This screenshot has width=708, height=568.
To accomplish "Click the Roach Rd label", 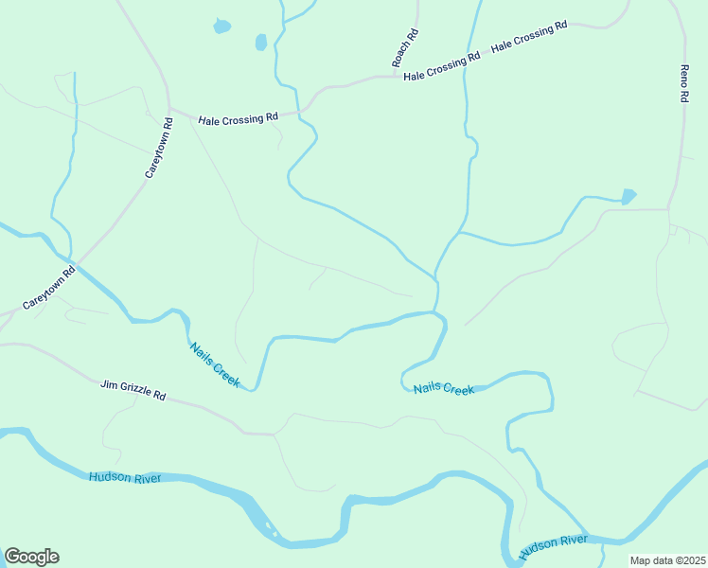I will click(405, 47).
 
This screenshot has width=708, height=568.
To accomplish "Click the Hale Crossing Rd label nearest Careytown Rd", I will click(238, 118).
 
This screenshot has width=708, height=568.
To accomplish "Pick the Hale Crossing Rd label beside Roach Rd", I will click(442, 67).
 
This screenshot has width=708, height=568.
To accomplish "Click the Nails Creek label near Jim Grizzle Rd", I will click(215, 364).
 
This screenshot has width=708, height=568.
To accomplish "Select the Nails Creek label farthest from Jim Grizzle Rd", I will click(443, 389).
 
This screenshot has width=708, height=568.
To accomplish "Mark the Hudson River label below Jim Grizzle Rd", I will click(125, 478).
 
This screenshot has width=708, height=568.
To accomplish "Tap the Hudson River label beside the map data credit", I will click(554, 542).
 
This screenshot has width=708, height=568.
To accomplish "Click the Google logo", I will click(31, 557).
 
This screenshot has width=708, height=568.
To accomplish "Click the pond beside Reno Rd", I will click(628, 196).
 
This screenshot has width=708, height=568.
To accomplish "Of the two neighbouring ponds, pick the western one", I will click(221, 27).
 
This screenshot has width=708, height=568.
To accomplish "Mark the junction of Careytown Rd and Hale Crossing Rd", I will click(169, 107).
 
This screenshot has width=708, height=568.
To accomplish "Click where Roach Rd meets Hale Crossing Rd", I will click(397, 76).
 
